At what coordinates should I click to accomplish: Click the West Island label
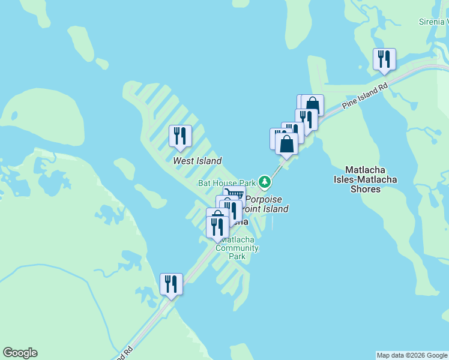point(197,161)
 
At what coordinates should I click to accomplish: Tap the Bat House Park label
point(228,182)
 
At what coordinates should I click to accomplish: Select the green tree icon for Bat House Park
point(264,181)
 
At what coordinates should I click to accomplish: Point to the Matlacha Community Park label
point(237,248)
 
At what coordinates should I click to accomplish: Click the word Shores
point(365,189)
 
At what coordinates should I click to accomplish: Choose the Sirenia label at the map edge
point(433,22)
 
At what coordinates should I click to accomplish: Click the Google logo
point(20,353)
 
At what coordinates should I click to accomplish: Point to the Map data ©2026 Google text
point(412,355)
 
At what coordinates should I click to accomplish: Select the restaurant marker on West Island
point(180,137)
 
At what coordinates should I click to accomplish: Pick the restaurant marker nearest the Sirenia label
point(384,59)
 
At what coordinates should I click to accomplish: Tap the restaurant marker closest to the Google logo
point(171,284)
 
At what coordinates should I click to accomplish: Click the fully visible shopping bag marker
point(287,145)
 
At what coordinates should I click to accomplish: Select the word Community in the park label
point(237,248)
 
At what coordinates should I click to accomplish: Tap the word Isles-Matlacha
point(365,179)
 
